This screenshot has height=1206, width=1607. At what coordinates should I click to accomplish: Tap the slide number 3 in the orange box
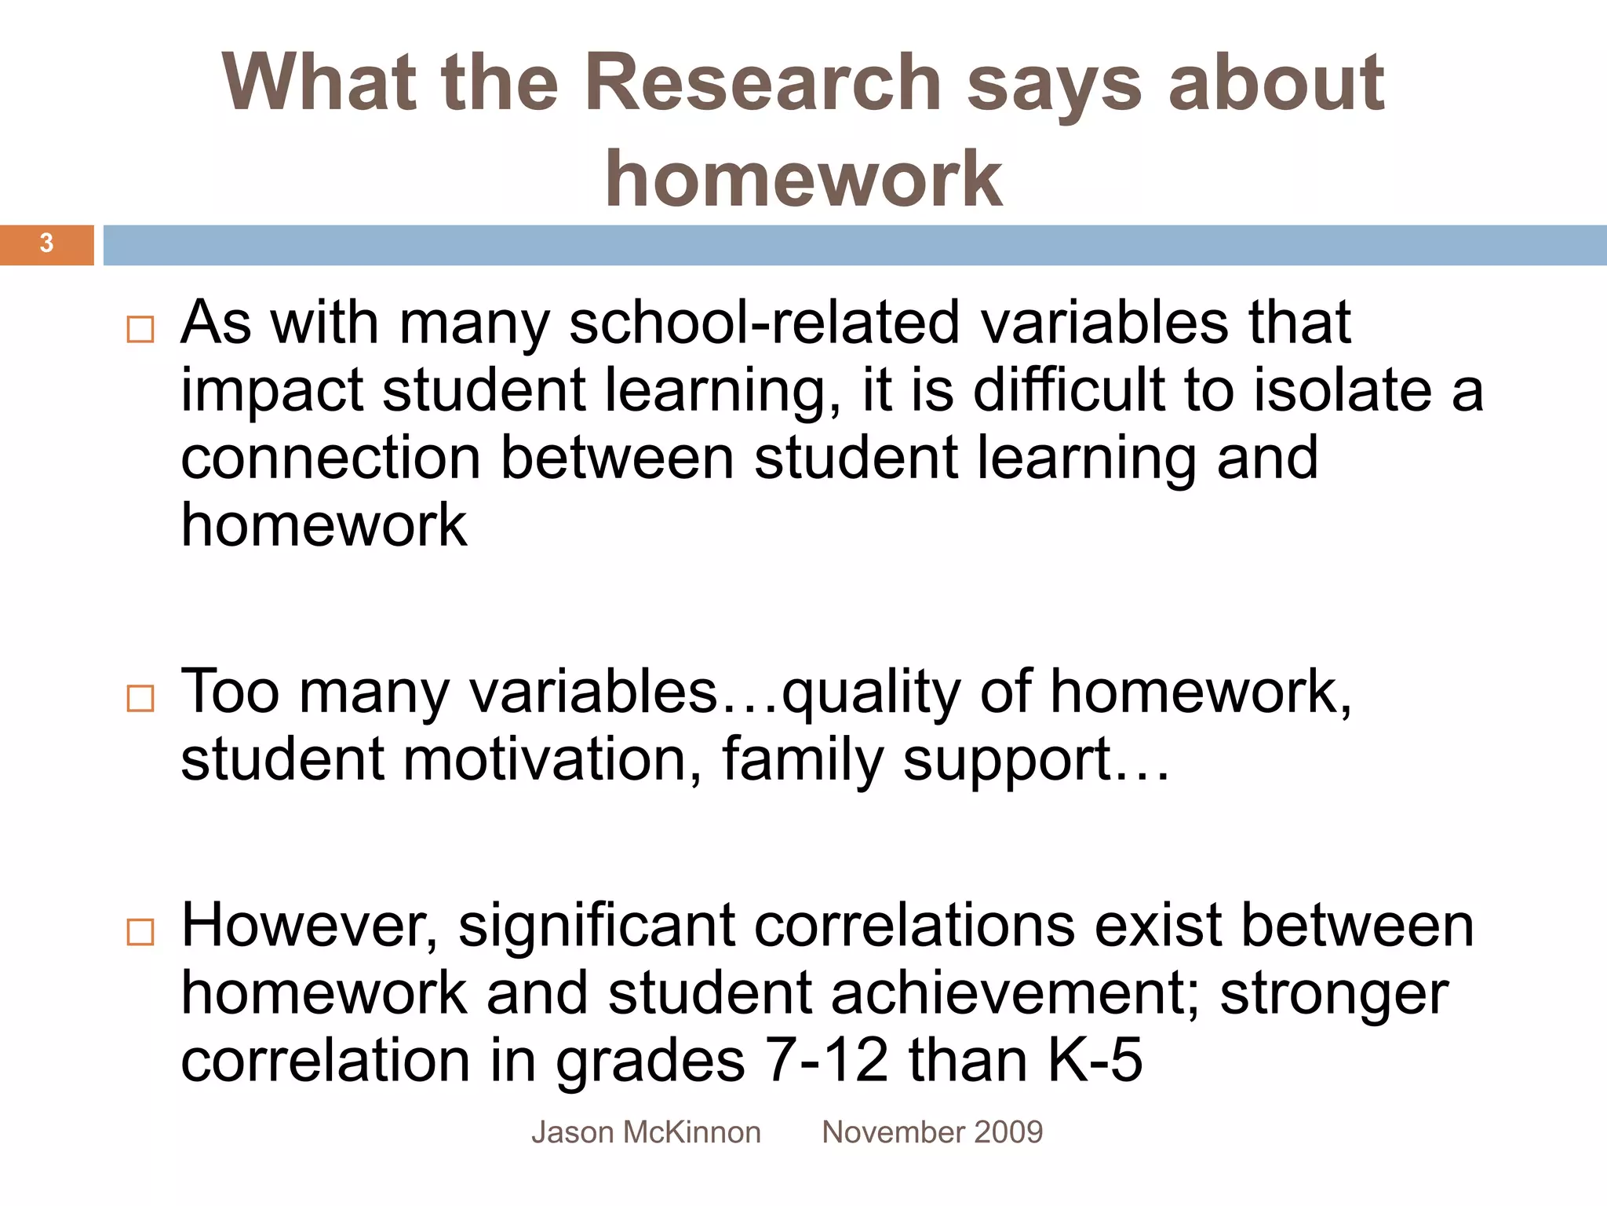(46, 243)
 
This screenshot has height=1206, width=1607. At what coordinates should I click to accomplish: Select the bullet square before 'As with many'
(140, 329)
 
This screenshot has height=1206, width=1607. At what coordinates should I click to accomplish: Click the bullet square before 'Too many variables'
(140, 698)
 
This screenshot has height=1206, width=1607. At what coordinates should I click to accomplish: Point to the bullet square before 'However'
(140, 932)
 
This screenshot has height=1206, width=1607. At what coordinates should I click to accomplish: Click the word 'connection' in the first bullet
(330, 458)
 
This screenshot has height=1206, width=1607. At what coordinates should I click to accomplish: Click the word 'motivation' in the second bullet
(545, 759)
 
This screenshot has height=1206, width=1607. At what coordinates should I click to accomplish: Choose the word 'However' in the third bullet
(309, 926)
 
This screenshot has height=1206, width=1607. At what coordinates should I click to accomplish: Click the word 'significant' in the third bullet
(596, 926)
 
